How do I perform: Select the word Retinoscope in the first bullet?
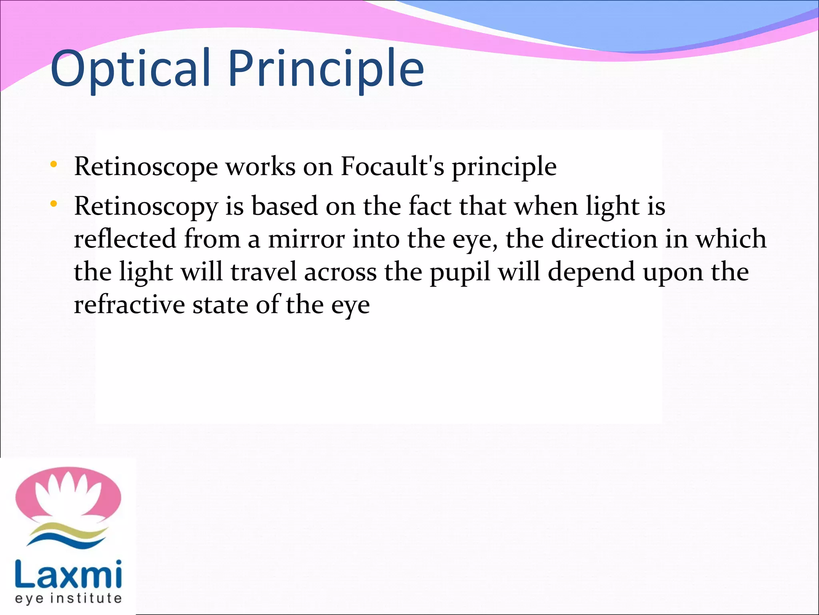[x=146, y=167]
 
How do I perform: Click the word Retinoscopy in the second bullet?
[x=146, y=207]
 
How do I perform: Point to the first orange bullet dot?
[x=54, y=165]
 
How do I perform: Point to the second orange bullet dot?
[x=54, y=204]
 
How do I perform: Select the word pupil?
[x=460, y=273]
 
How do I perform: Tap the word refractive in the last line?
[x=129, y=305]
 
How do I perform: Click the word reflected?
[x=125, y=239]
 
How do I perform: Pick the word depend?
[x=591, y=273]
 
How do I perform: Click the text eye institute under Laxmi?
[x=68, y=599]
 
